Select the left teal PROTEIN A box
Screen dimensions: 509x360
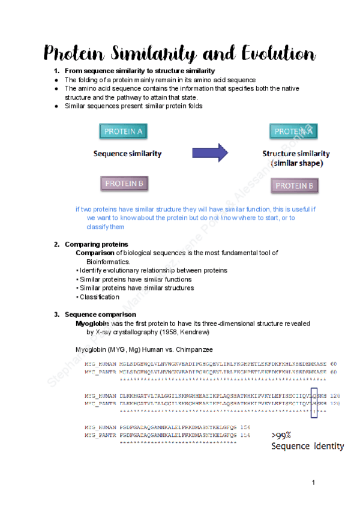pos(124,131)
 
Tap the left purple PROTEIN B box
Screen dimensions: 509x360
pos(124,184)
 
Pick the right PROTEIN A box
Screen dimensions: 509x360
pos(294,131)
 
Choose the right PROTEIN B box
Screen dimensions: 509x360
pos(294,186)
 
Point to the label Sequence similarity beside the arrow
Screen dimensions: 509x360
pos(127,153)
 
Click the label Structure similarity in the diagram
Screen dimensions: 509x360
pos(296,154)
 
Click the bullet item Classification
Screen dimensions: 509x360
pos(100,297)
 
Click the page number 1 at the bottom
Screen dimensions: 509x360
pos(313,483)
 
